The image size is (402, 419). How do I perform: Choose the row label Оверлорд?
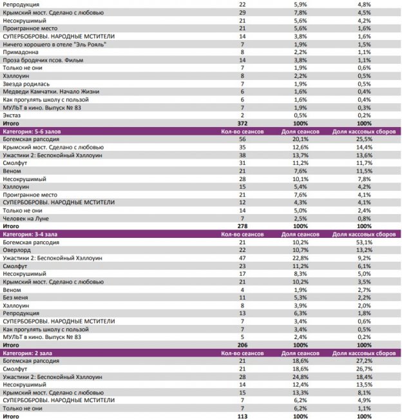17,249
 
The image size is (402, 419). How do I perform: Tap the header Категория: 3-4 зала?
30,234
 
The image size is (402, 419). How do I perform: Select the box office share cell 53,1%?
365,242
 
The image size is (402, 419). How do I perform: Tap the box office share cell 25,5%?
365,139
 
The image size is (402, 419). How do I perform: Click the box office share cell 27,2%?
365,360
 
